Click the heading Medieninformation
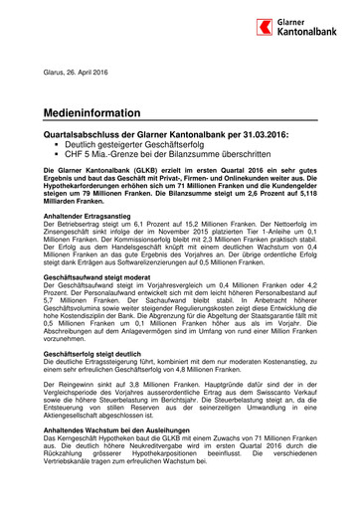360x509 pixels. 90,113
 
